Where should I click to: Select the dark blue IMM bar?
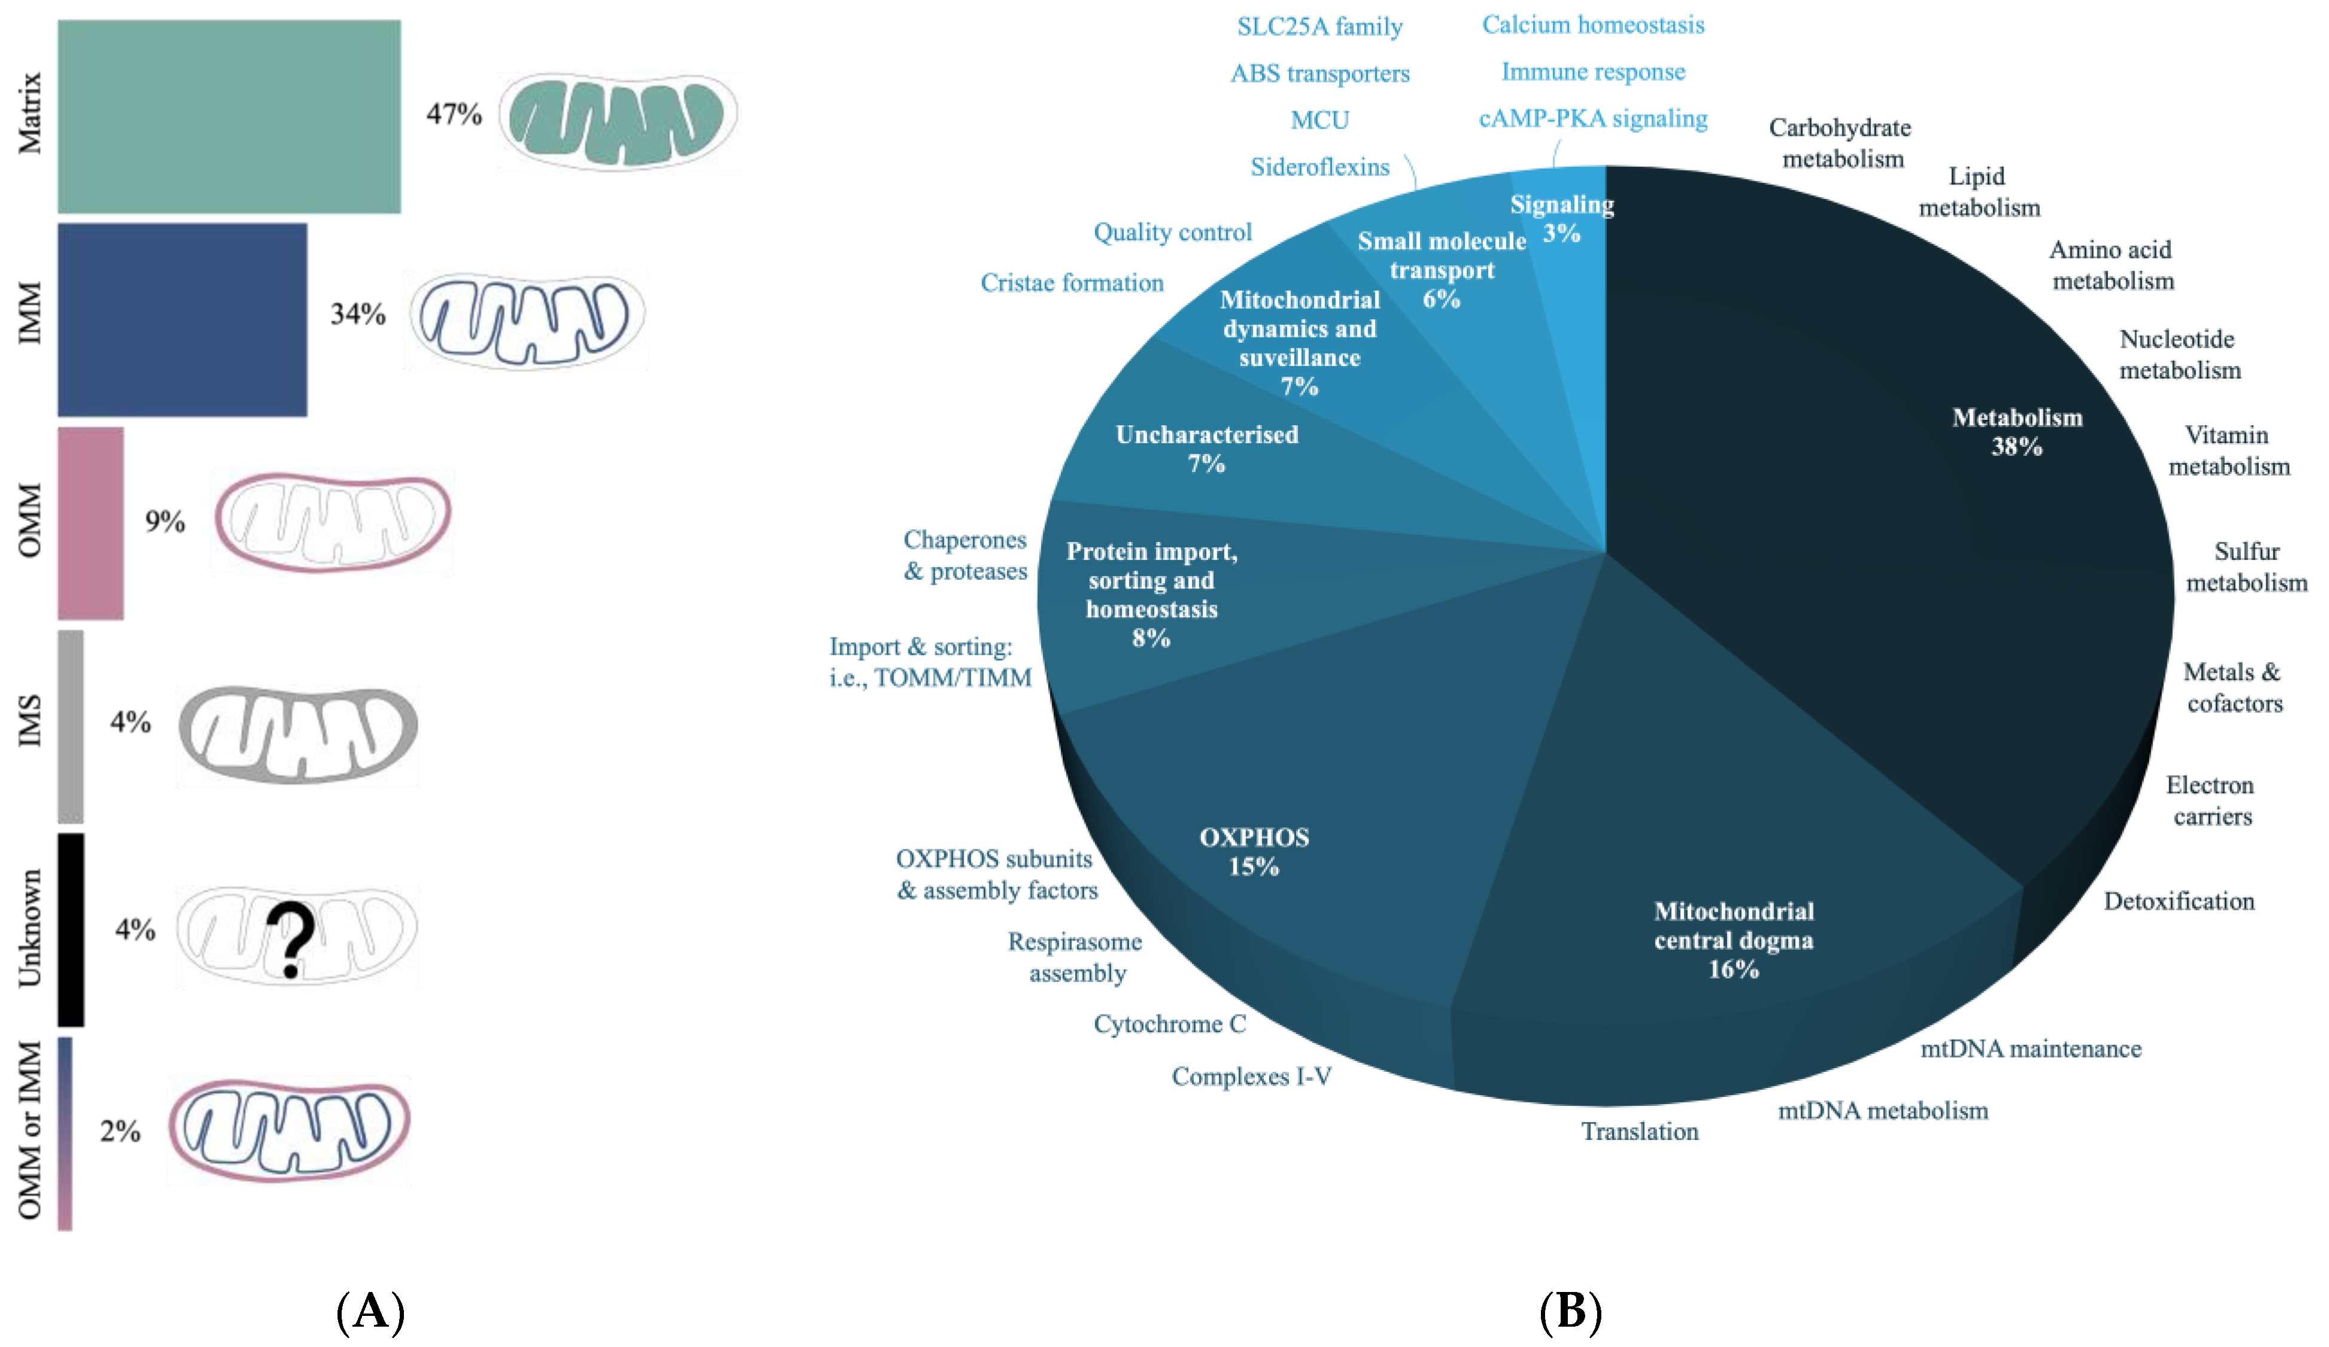tap(182, 319)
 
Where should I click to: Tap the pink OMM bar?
tap(90, 523)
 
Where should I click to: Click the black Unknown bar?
tap(71, 930)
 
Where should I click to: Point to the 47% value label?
tap(454, 115)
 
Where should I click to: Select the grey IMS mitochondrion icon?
tap(297, 735)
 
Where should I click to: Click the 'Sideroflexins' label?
tap(1319, 167)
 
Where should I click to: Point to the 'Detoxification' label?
tap(2178, 901)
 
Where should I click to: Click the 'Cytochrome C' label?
tap(1169, 1023)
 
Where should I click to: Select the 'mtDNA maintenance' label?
tap(2030, 1049)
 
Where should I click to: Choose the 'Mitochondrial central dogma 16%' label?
tap(1733, 940)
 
